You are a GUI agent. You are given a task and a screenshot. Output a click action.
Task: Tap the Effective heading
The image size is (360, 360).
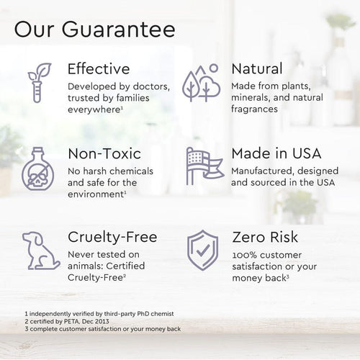99,70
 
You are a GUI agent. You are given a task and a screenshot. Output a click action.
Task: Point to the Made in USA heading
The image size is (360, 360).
276,154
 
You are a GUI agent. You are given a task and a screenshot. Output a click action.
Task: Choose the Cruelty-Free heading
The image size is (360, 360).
112,238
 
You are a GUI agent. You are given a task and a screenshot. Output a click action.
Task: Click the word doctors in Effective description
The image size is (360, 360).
151,87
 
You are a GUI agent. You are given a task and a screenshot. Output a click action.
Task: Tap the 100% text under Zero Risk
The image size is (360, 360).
243,255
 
